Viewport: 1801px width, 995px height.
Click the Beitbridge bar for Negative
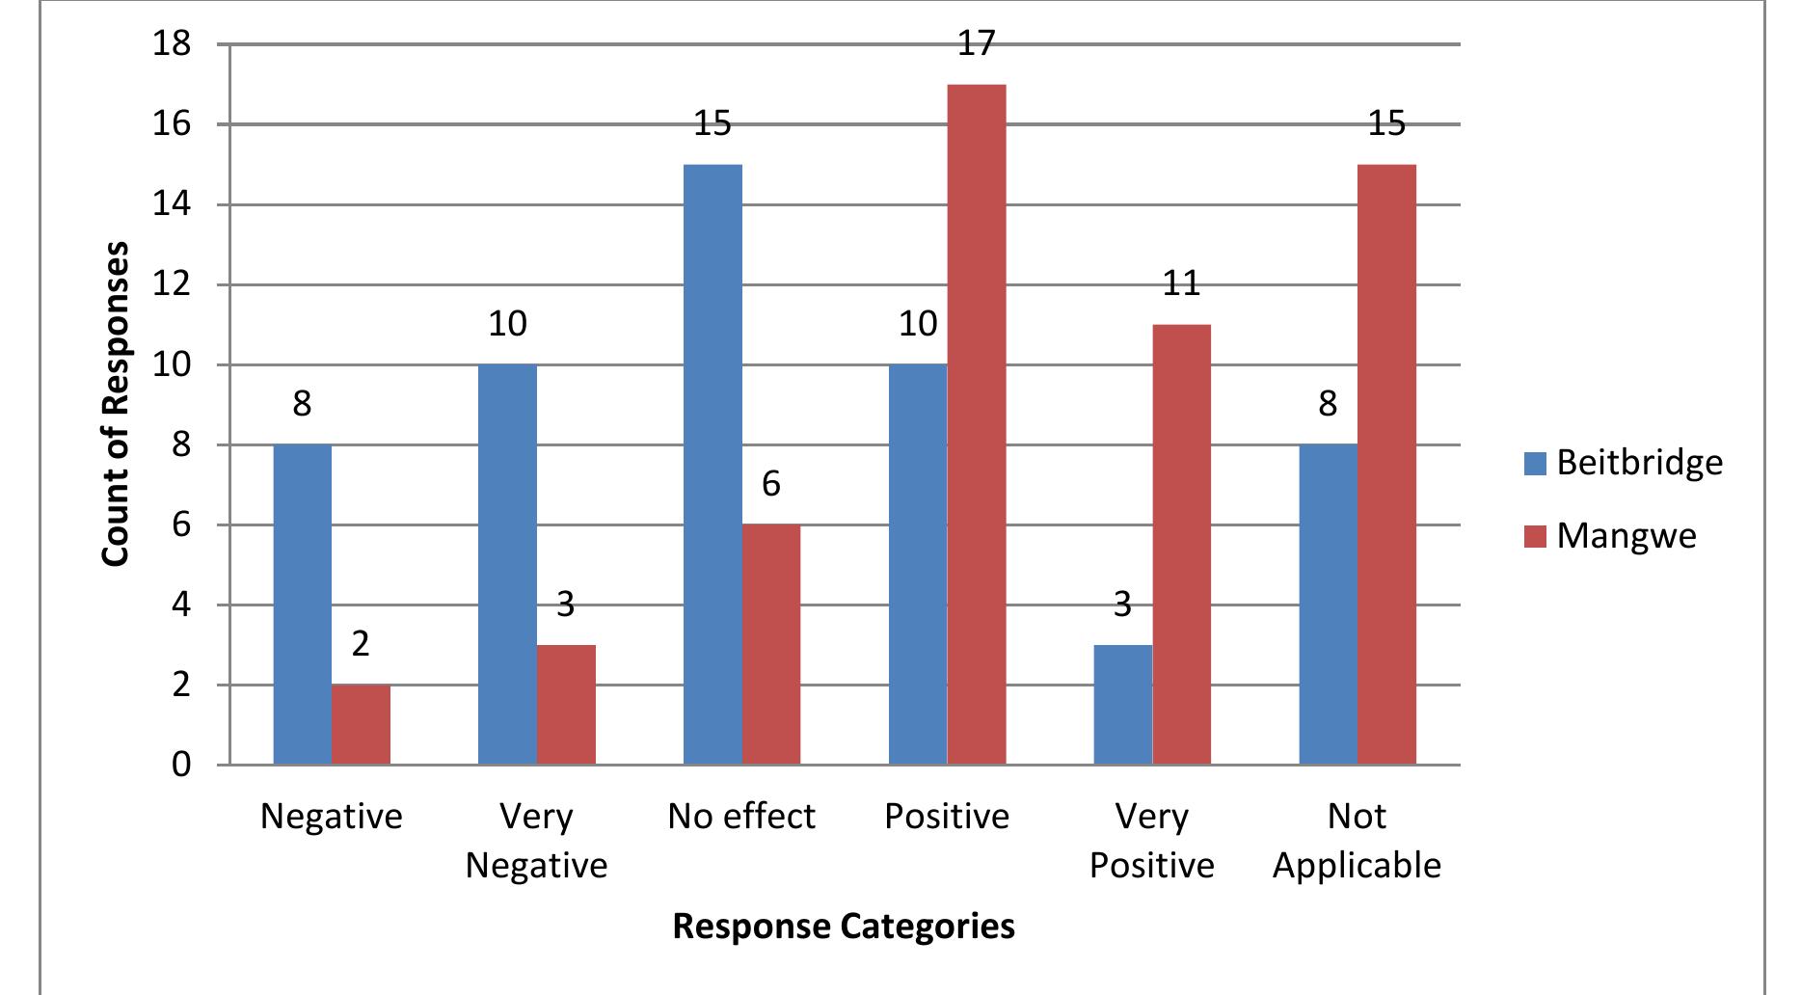pos(303,605)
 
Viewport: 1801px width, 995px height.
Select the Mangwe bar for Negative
pos(362,725)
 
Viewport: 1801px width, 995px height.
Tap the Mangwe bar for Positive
pos(977,425)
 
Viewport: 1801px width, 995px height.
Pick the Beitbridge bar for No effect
pos(712,465)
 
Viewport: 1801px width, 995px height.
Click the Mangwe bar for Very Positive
pos(1181,545)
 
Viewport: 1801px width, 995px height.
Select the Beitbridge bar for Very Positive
pos(1122,705)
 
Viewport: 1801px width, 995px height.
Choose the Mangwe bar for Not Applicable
pos(1386,465)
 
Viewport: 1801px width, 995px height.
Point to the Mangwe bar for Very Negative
pos(566,705)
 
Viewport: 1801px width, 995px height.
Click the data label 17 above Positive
pos(976,44)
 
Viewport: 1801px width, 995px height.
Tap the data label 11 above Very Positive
pos(1181,283)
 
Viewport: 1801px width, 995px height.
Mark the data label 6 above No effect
pos(770,484)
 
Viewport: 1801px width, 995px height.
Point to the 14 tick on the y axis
pos(173,205)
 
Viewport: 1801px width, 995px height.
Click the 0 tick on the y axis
pos(181,766)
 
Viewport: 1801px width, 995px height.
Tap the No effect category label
pos(741,817)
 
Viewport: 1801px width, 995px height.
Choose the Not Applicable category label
pos(1357,841)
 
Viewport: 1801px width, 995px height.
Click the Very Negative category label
pos(536,841)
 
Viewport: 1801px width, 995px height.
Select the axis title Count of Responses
pos(116,405)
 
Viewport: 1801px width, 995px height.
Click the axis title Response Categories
pos(844,927)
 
